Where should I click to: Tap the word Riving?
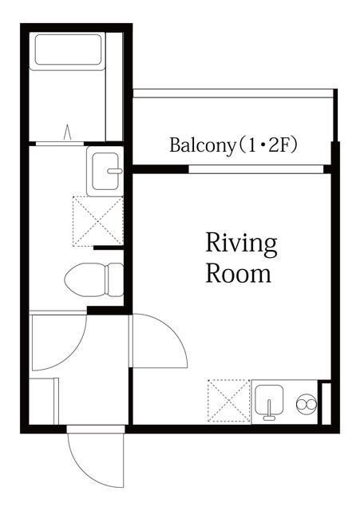point(241,242)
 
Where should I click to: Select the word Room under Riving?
point(238,273)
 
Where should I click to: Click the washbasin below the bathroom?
point(105,170)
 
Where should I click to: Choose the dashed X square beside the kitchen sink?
point(228,400)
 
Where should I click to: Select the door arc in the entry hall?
point(57,342)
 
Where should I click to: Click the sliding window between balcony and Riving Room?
point(255,169)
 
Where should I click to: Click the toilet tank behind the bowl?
point(115,280)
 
